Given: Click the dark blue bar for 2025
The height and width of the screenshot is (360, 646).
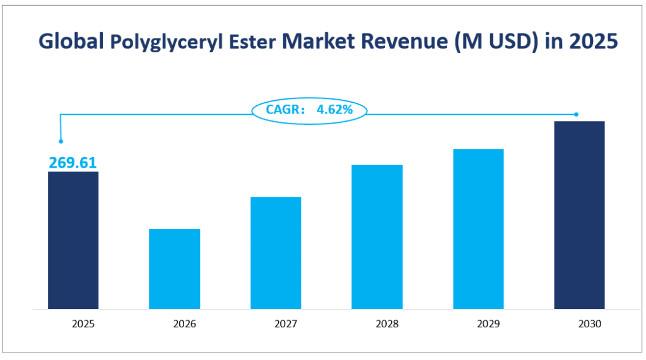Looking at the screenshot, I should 73,240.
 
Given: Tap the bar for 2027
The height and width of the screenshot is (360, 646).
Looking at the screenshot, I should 276,253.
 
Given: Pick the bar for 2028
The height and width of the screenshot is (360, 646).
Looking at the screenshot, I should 377,237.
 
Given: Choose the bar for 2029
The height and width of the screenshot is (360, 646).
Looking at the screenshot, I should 478,229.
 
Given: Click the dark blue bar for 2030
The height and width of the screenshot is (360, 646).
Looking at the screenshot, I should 579,215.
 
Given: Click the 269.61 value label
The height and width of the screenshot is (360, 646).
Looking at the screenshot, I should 73,163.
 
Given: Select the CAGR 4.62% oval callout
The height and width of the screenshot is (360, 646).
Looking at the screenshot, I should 309,110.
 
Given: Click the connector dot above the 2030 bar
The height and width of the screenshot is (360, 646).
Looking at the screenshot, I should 576,114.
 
